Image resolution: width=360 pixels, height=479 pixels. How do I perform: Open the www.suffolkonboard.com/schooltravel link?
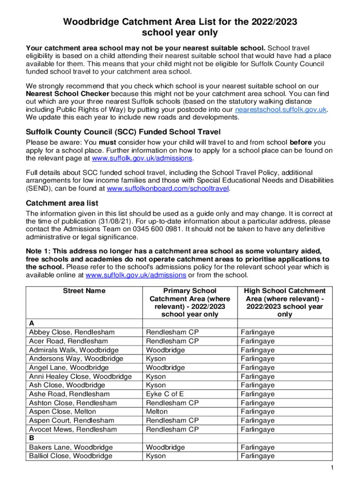(x=168, y=189)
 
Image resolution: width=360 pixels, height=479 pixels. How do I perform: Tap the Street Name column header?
(x=84, y=291)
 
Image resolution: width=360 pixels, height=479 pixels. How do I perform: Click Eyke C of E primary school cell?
(x=165, y=394)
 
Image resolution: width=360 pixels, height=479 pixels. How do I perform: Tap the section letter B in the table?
(x=32, y=438)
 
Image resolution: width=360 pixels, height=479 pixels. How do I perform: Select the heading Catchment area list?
(x=62, y=203)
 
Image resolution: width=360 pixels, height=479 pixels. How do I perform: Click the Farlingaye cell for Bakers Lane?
(x=258, y=447)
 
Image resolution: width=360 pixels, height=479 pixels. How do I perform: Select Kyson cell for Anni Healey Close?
(x=156, y=376)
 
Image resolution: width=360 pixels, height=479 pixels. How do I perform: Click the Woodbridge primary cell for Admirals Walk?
(x=166, y=350)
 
